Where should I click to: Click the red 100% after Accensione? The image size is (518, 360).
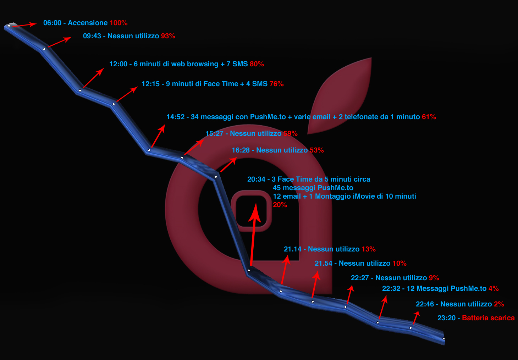click(119, 23)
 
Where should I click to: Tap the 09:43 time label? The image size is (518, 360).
click(92, 36)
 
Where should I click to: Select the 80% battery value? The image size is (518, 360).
click(257, 64)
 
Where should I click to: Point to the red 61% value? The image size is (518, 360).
click(429, 117)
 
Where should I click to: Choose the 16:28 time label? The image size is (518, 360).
click(241, 150)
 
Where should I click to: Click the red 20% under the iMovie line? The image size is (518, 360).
click(280, 205)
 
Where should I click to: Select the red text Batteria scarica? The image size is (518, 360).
click(488, 318)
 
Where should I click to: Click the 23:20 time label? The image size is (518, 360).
click(446, 318)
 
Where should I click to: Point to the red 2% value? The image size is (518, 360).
click(499, 304)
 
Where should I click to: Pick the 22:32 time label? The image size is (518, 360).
click(391, 289)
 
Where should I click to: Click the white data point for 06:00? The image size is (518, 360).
click(9, 26)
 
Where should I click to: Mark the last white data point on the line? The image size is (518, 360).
click(443, 338)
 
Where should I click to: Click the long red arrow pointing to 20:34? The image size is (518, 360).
click(253, 234)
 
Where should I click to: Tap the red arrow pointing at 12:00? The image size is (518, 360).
click(93, 78)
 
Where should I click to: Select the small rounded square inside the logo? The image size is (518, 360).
click(251, 211)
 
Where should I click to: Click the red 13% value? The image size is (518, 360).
click(369, 249)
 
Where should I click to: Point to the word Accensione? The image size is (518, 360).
click(88, 23)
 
